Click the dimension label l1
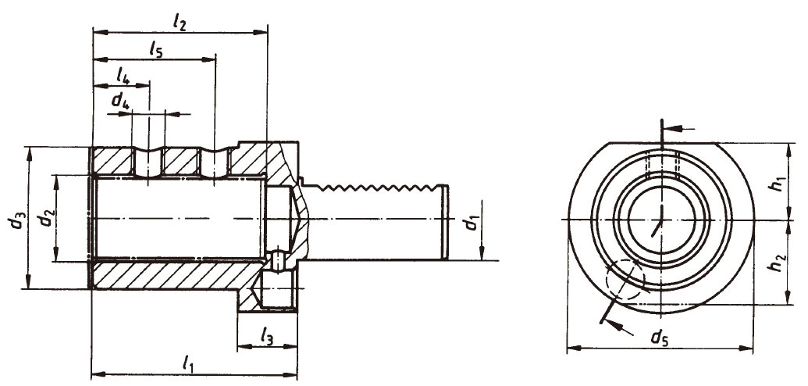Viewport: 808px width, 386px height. [188, 362]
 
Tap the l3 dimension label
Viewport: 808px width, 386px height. [266, 337]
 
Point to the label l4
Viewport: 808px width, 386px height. [122, 75]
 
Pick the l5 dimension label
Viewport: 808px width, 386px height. [155, 49]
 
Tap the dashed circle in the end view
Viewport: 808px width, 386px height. [624, 279]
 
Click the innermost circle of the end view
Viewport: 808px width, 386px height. [660, 220]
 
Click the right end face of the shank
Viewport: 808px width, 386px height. [447, 223]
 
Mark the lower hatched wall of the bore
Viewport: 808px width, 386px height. [172, 276]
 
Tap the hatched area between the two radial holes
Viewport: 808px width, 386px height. [182, 163]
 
